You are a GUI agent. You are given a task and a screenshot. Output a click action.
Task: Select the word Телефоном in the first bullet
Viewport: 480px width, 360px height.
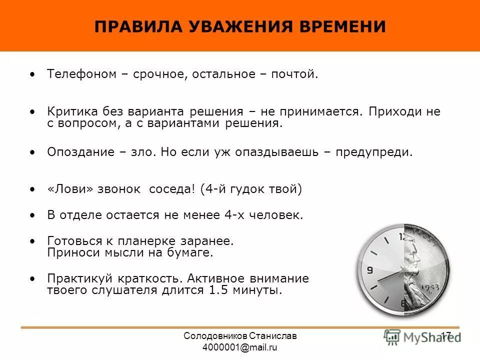[81, 74]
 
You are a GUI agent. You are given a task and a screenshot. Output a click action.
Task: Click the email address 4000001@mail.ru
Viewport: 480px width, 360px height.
[240, 347]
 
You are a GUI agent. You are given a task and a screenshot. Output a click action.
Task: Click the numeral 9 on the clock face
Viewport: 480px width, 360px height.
[370, 270]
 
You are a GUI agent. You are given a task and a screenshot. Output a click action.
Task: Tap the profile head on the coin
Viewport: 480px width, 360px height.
[415, 255]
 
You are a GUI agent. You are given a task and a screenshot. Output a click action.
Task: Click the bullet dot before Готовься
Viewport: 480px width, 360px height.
[33, 241]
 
